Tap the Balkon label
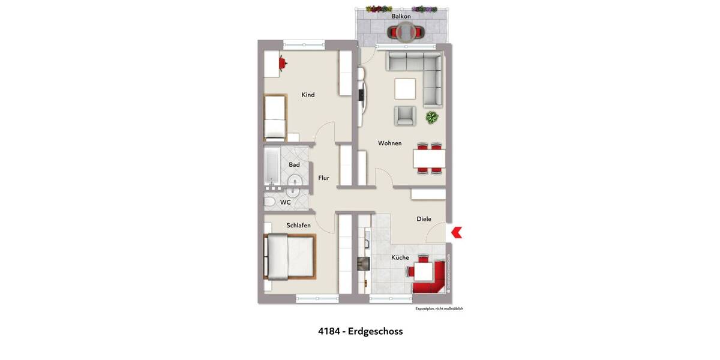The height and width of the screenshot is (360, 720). [x=401, y=16]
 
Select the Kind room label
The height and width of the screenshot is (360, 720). [x=308, y=95]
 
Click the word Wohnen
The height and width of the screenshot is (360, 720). [x=389, y=143]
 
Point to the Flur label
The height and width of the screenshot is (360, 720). [x=323, y=178]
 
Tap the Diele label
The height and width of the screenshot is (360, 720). [x=424, y=219]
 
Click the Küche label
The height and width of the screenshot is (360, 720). [x=400, y=257]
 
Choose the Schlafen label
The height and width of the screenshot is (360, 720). [x=298, y=225]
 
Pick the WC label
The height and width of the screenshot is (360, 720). [x=286, y=202]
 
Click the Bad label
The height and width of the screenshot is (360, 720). [x=294, y=164]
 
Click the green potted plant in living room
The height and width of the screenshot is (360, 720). [x=431, y=118]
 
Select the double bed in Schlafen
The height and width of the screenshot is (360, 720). [x=289, y=257]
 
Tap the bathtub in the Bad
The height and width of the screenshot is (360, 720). [x=271, y=166]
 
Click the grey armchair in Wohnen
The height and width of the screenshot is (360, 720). [x=405, y=115]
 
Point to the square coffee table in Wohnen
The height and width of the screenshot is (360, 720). [x=405, y=89]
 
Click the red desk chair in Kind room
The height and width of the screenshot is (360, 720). [x=281, y=61]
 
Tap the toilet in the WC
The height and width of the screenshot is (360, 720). [x=270, y=202]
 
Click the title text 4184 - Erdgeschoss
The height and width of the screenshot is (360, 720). [x=360, y=331]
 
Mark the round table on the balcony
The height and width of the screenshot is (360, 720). [x=406, y=31]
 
